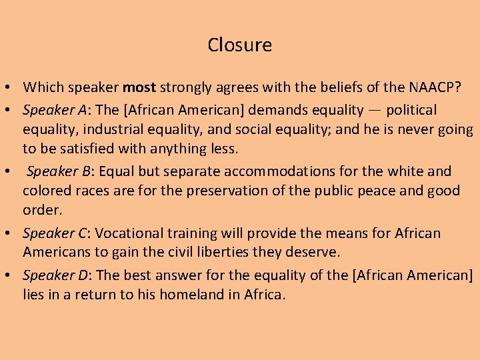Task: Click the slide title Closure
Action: pos(239,45)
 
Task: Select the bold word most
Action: pos(139,87)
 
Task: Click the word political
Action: pos(411,110)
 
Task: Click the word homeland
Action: pos(182,294)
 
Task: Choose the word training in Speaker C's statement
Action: pos(191,233)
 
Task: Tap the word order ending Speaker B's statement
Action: pos(41,210)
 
